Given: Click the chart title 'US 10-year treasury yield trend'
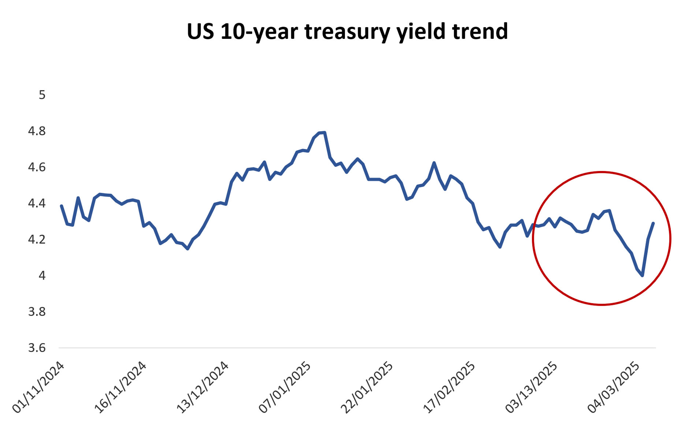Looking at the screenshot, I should [347, 31].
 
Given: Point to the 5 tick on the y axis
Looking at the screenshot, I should [42, 95].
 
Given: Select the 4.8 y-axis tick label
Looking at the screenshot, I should [37, 131].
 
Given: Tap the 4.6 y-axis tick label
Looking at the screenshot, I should [37, 167].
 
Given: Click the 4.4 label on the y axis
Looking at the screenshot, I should [37, 203].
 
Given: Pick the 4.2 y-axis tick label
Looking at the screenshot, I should [37, 240].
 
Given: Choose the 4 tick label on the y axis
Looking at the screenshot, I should [42, 275].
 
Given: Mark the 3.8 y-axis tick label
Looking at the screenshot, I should [37, 312].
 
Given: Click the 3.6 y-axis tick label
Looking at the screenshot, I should [37, 348].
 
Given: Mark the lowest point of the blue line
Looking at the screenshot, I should [642, 275].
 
